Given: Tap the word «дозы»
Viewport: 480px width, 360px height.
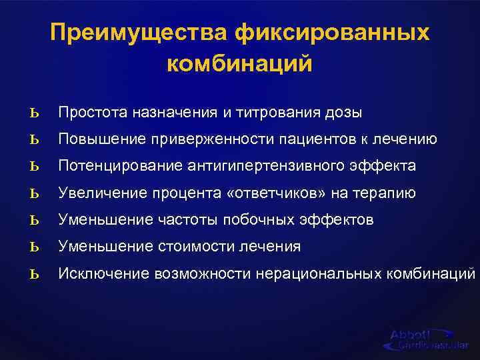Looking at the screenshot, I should (x=344, y=113).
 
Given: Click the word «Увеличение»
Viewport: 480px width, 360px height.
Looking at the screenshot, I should (x=97, y=193).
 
